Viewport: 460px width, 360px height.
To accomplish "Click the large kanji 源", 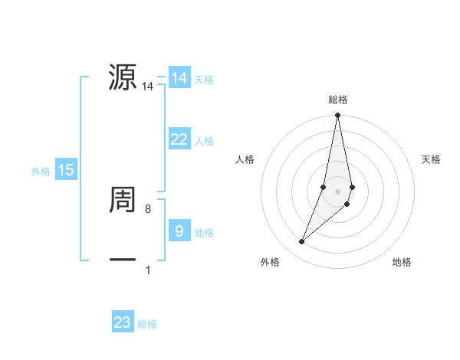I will click(x=123, y=77).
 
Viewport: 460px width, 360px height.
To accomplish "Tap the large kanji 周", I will click(x=123, y=200).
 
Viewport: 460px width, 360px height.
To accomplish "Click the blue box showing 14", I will click(x=179, y=78).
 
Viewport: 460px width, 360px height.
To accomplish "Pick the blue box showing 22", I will click(x=179, y=139).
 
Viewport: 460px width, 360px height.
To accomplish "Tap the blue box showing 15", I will click(x=66, y=170).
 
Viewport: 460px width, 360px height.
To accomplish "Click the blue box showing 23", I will click(x=123, y=322).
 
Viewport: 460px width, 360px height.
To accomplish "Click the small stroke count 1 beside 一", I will click(x=148, y=270).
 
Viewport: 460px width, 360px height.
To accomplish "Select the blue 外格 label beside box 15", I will click(x=41, y=172).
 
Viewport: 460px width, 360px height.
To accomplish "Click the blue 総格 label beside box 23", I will click(x=147, y=324).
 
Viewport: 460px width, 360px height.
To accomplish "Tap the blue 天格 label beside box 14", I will click(x=204, y=80).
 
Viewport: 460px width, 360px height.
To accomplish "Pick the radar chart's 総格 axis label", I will click(x=338, y=100).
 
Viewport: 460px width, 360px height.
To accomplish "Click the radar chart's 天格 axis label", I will click(x=431, y=159).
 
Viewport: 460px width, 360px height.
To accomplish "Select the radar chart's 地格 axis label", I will click(x=402, y=263).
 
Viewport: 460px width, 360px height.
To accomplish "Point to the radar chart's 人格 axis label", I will click(x=245, y=159).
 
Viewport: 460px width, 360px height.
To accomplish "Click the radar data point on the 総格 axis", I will click(x=338, y=115).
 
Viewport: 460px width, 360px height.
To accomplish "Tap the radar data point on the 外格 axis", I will click(x=302, y=241).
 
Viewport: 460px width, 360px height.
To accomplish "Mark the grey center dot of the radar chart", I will click(x=338, y=191).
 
